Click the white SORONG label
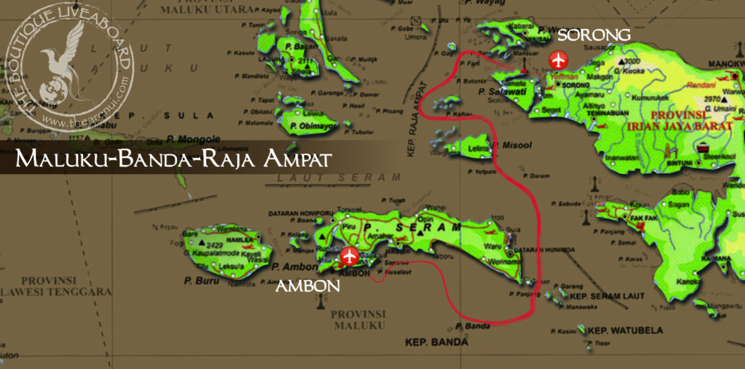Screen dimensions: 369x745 click(x=593, y=36)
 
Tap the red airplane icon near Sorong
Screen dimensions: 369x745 click(x=558, y=59)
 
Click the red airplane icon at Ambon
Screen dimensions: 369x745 click(x=350, y=256)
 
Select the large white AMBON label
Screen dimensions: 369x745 click(x=308, y=286)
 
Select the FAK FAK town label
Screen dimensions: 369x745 click(x=633, y=217)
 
